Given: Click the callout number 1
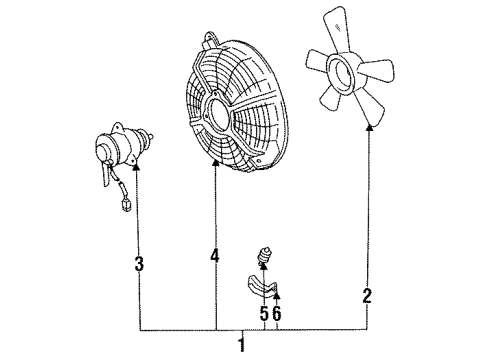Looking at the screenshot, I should [x=239, y=346].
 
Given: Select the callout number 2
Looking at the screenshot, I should [x=367, y=296].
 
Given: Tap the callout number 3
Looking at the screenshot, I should [x=140, y=264].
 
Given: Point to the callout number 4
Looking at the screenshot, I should [x=214, y=256].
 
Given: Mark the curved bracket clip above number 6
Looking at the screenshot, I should [x=263, y=288].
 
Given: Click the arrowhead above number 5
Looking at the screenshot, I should [x=265, y=265].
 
